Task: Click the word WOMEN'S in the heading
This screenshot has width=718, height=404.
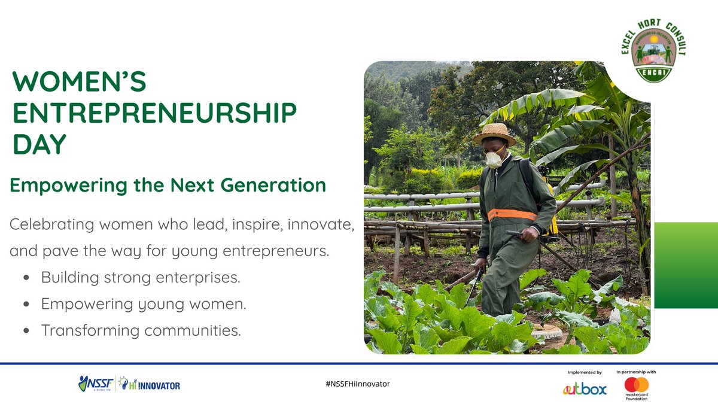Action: coord(78,82)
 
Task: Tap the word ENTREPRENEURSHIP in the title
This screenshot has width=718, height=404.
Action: coord(154,113)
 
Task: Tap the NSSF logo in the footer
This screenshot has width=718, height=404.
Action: coord(96,384)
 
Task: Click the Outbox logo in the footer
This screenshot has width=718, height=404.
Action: coord(585,389)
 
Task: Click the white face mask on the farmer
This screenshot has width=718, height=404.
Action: coord(494,160)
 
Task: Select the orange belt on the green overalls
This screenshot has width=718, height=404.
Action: coord(512,214)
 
